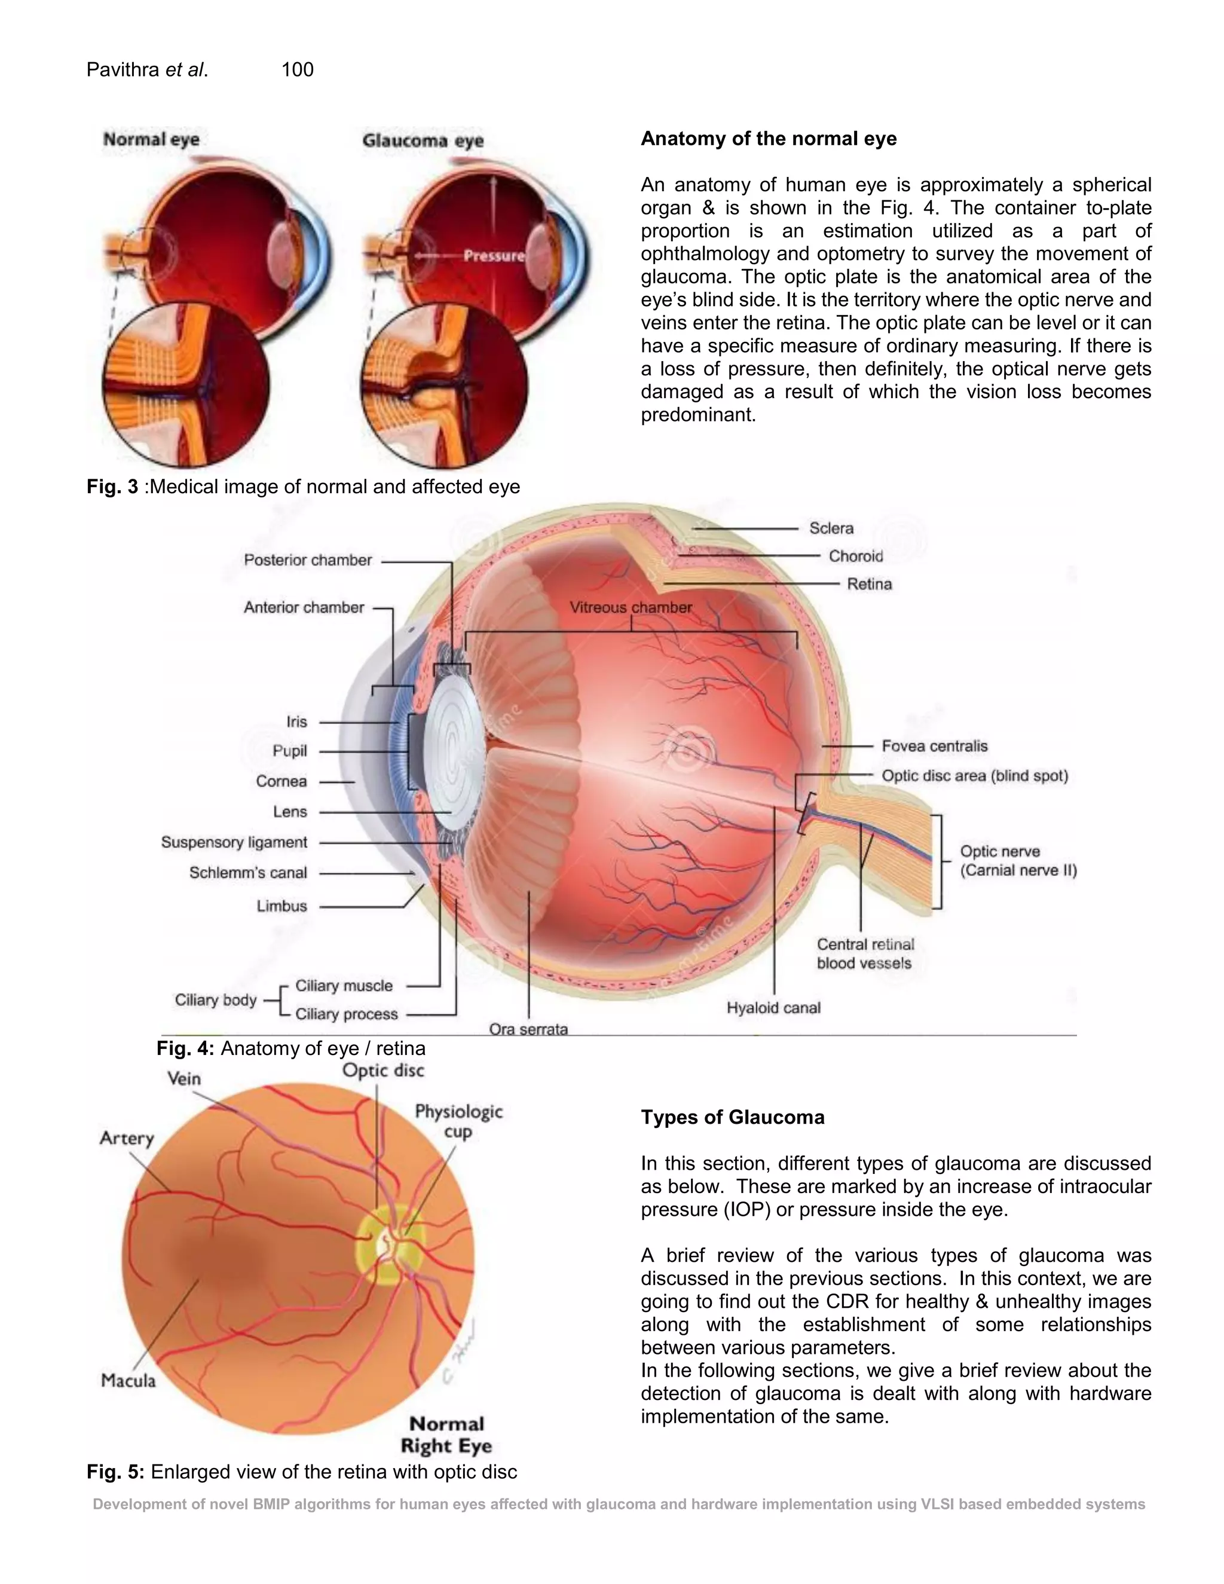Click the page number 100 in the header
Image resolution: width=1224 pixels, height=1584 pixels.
tap(297, 69)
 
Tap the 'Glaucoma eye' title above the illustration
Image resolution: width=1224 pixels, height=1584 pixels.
tap(423, 140)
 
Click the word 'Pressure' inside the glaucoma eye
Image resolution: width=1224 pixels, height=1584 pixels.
tap(494, 255)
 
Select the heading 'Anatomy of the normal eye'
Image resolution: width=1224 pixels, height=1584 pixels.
tap(769, 139)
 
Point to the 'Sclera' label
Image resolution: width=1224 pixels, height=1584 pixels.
tap(831, 528)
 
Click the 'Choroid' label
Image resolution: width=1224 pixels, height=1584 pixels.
tap(856, 556)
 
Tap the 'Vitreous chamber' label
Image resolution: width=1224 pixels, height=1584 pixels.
tap(630, 607)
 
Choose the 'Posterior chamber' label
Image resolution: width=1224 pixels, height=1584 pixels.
tap(307, 560)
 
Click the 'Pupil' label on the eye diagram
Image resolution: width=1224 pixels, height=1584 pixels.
tap(289, 751)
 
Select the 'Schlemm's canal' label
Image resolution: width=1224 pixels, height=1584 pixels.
tap(248, 873)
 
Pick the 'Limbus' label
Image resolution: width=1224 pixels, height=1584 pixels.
tap(281, 906)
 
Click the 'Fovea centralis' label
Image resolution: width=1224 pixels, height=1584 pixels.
tap(934, 745)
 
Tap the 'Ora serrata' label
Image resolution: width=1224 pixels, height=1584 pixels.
tap(528, 1029)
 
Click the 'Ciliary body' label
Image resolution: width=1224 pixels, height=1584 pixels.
tap(215, 999)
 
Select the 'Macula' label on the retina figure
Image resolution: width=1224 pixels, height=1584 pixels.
tap(128, 1380)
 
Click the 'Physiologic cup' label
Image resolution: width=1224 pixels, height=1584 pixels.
tap(458, 1121)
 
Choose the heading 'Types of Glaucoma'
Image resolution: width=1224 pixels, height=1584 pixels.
tap(732, 1117)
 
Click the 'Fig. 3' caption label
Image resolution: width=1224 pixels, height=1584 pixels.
tap(112, 486)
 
